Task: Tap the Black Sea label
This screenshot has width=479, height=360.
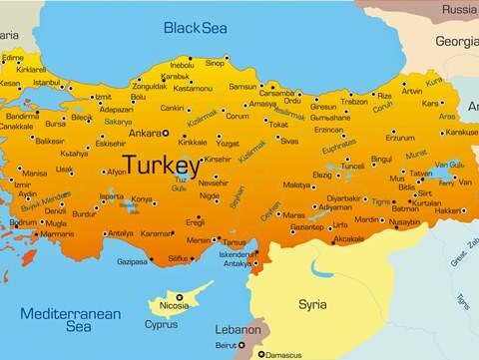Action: coord(197,28)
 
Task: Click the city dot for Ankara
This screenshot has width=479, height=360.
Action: coord(166,133)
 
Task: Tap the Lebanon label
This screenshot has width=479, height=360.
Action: coord(239,329)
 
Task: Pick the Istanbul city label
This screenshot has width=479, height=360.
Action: coord(47,83)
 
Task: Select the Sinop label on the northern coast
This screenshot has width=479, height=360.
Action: coord(215,63)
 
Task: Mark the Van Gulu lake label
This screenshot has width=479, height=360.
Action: coord(448,164)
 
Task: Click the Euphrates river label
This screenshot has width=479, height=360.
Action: coord(338,149)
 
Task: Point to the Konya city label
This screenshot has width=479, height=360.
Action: coord(143,198)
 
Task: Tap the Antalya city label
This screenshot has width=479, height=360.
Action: coord(120,233)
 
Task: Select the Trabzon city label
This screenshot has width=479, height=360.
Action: coord(354,101)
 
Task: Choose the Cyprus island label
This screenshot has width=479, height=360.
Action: coord(162,324)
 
